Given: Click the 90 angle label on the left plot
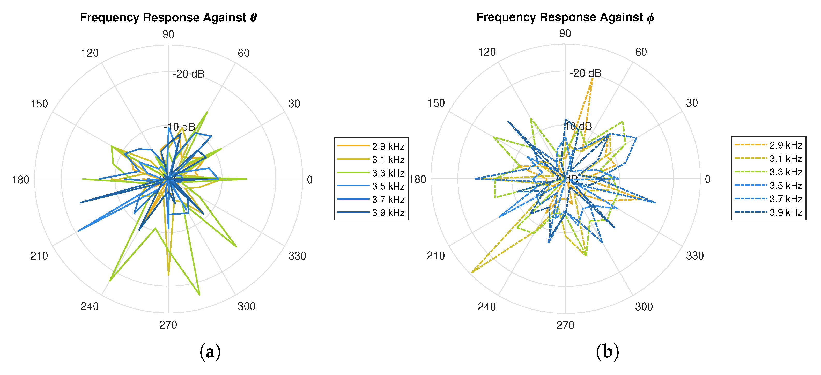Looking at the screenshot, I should [168, 34].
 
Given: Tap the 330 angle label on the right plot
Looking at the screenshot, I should [695, 255].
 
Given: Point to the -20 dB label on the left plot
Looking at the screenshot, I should [189, 74].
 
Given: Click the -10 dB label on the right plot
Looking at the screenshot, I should [576, 126].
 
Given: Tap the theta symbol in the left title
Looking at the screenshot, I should [253, 18].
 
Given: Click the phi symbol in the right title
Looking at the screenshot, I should [650, 18].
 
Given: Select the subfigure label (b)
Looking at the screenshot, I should [607, 352].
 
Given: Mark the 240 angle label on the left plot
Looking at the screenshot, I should [90, 306].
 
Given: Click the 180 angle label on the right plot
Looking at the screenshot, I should [418, 180].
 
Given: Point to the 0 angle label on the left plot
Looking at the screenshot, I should [309, 180].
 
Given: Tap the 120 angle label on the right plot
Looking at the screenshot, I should [487, 52].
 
